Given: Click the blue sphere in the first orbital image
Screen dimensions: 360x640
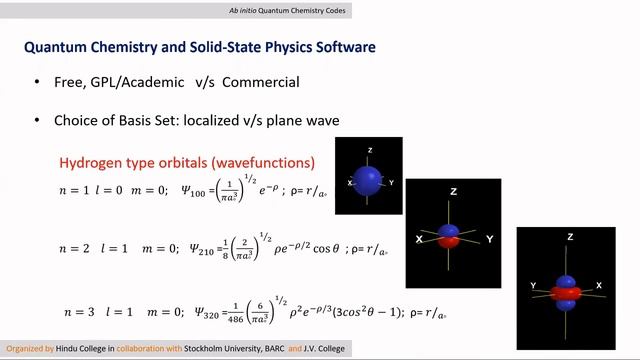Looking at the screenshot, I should click(x=369, y=181).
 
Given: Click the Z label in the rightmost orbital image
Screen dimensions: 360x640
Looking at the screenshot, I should click(x=569, y=238).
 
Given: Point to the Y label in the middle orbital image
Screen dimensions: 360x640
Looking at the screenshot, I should click(x=489, y=240).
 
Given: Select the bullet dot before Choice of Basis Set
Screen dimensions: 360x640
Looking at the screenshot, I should click(x=37, y=120).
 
